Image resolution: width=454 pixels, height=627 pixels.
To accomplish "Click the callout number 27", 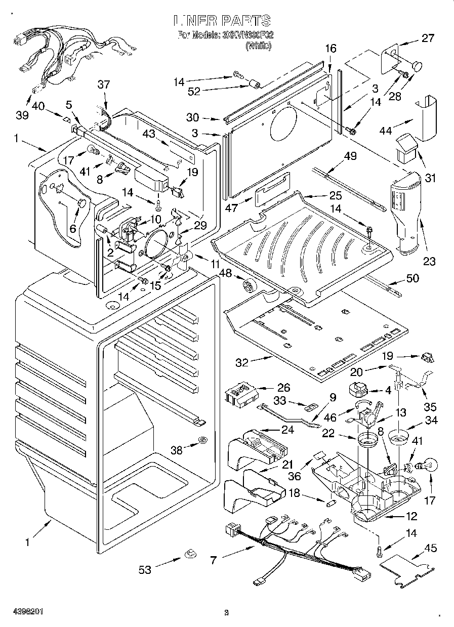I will pyautogui.click(x=428, y=37).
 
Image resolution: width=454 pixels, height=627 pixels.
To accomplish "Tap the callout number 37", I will pyautogui.click(x=104, y=85).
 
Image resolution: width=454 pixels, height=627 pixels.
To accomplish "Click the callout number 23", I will pyautogui.click(x=429, y=261).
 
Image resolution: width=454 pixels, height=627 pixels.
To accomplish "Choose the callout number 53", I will pyautogui.click(x=145, y=570).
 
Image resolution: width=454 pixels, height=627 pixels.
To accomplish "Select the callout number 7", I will pyautogui.click(x=214, y=560).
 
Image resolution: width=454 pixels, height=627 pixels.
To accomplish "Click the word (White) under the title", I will pyautogui.click(x=259, y=46).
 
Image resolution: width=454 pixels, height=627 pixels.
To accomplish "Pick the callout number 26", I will pyautogui.click(x=284, y=388).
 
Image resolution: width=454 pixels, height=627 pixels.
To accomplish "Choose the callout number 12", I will pyautogui.click(x=411, y=517).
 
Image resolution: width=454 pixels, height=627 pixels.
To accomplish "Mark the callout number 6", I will pyautogui.click(x=73, y=228).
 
